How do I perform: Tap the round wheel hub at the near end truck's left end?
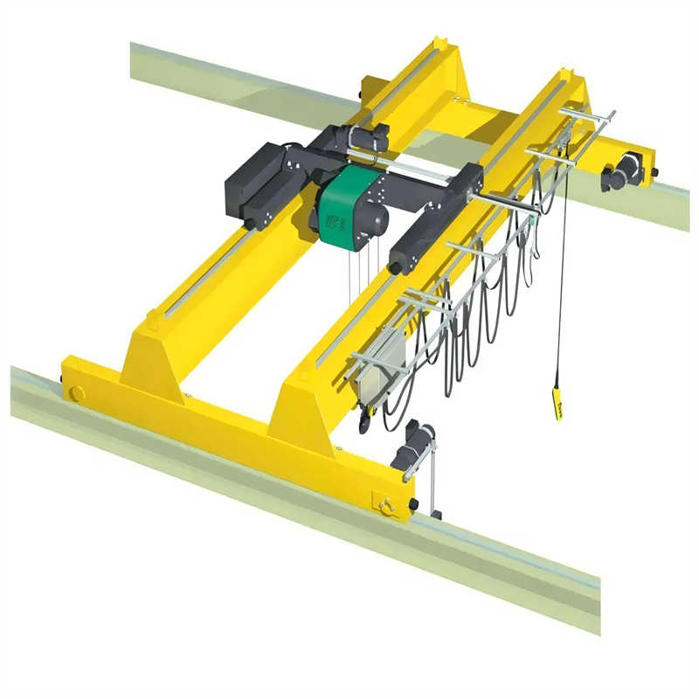click(77, 393)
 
